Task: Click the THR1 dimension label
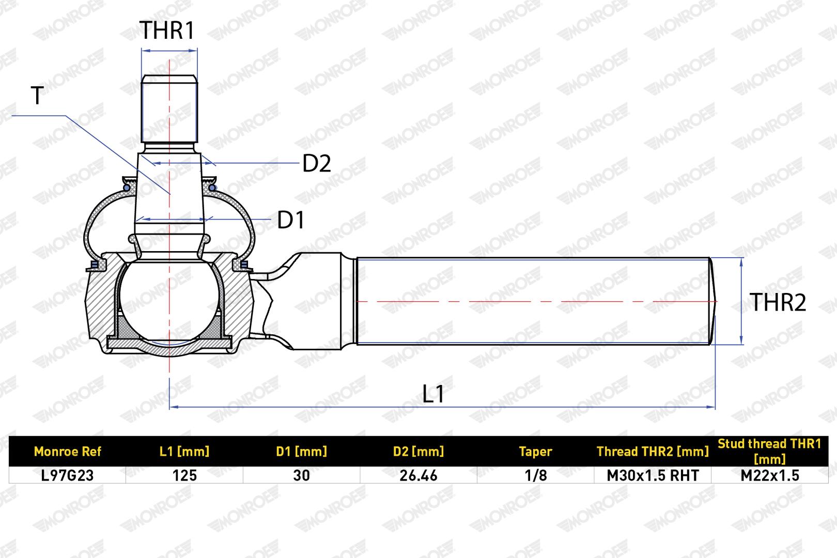point(167,30)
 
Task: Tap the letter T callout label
point(37,96)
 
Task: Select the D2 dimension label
point(317,163)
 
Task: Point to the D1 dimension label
point(291,220)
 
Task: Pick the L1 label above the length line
point(433,394)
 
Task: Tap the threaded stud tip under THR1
point(169,109)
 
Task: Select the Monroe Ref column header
point(67,452)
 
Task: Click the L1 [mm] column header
point(184,452)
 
